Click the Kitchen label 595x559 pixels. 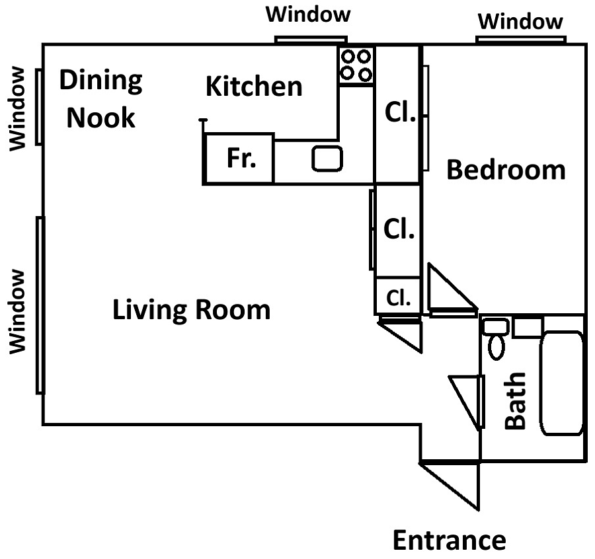(x=254, y=87)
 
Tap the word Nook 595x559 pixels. (x=101, y=118)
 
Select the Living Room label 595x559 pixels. (x=192, y=310)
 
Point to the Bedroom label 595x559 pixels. (x=506, y=170)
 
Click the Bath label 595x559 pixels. (x=515, y=401)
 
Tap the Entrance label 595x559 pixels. (x=450, y=540)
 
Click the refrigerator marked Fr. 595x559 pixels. (x=239, y=159)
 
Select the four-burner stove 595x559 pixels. (x=356, y=65)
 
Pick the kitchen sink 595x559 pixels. (x=327, y=159)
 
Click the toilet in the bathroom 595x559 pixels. (x=496, y=339)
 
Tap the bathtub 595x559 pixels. (x=561, y=383)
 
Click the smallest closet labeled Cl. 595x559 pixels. (x=398, y=297)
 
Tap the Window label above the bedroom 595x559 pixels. (x=520, y=21)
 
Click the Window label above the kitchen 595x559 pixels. (x=308, y=15)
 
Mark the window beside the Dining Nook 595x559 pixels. (x=39, y=106)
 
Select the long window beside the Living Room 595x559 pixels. (x=40, y=305)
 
